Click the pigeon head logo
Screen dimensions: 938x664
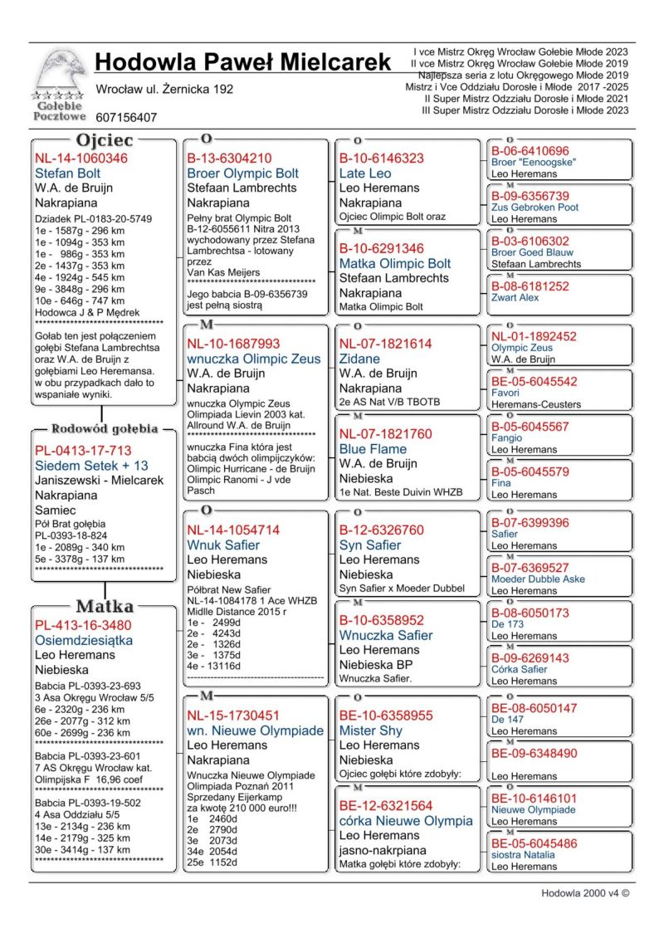[x=59, y=72]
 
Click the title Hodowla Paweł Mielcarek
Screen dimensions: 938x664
[x=242, y=61]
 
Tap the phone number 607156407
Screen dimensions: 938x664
[x=126, y=118]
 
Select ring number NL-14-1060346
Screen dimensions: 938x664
[x=81, y=159]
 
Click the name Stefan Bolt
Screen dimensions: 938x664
[x=68, y=173]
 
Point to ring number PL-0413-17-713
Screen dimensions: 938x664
[x=83, y=450]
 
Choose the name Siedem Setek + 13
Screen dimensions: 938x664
[x=91, y=465]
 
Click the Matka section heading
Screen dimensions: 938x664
[x=105, y=605]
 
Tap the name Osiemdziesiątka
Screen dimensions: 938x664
[x=84, y=640]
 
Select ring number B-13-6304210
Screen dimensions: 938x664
[x=229, y=159]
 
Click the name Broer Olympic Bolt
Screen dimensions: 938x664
[x=242, y=173]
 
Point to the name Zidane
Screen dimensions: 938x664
[x=359, y=359]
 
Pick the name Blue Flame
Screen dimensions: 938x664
[x=373, y=448]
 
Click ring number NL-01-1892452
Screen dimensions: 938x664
[x=534, y=336]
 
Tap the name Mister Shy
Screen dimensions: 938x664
[x=370, y=730]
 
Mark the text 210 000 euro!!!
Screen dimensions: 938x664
[x=261, y=806]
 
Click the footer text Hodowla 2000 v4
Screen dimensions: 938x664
[x=584, y=893]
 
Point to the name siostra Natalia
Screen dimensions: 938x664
[x=521, y=854]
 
